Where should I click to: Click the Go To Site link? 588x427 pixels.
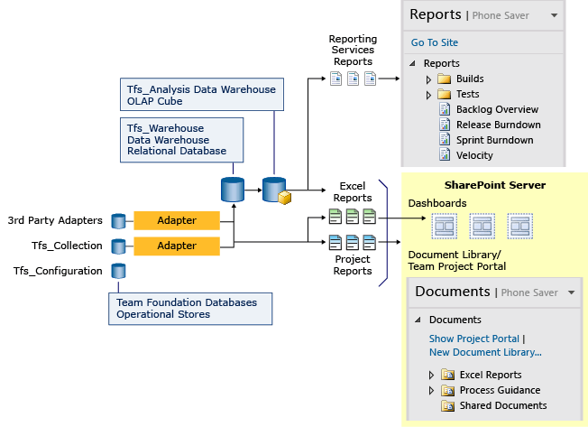(434, 42)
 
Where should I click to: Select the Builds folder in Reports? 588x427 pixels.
(469, 79)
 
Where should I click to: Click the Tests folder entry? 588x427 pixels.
(467, 94)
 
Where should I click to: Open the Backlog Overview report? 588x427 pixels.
(497, 109)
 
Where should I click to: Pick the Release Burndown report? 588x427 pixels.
(498, 125)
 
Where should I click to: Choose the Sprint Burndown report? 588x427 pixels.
(494, 140)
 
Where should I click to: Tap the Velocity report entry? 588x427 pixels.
(474, 155)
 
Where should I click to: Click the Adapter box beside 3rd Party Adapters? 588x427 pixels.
(177, 220)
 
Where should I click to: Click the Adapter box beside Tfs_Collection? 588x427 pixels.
(177, 246)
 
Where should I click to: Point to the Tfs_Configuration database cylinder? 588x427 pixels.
(118, 271)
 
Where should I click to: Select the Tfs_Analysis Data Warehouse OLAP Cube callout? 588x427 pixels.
(201, 94)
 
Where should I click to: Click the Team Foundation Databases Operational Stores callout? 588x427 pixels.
(191, 308)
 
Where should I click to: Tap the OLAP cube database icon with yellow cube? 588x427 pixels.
(276, 191)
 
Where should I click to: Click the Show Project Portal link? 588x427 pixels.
(473, 339)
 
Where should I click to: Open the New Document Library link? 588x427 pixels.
(485, 352)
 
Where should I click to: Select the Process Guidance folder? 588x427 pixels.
(500, 390)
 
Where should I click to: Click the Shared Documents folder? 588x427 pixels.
(502, 405)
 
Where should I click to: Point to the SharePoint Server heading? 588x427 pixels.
(494, 185)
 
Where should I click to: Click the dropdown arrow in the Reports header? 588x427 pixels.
(555, 15)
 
